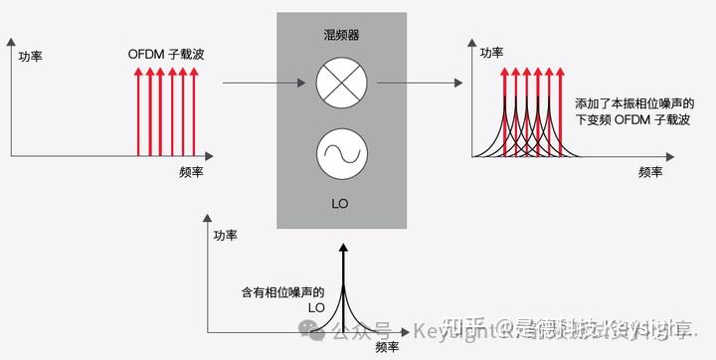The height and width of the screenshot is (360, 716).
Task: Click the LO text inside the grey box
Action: click(x=341, y=205)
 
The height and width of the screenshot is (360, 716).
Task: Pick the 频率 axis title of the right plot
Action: click(x=650, y=171)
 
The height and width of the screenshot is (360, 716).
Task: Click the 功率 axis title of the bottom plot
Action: click(x=226, y=236)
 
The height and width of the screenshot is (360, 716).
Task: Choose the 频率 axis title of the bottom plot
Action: click(x=388, y=347)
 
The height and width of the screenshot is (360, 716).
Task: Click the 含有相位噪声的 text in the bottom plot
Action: click(x=283, y=293)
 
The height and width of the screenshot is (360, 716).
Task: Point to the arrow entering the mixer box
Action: click(x=249, y=84)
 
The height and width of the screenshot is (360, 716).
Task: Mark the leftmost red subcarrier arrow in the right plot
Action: click(x=505, y=109)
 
